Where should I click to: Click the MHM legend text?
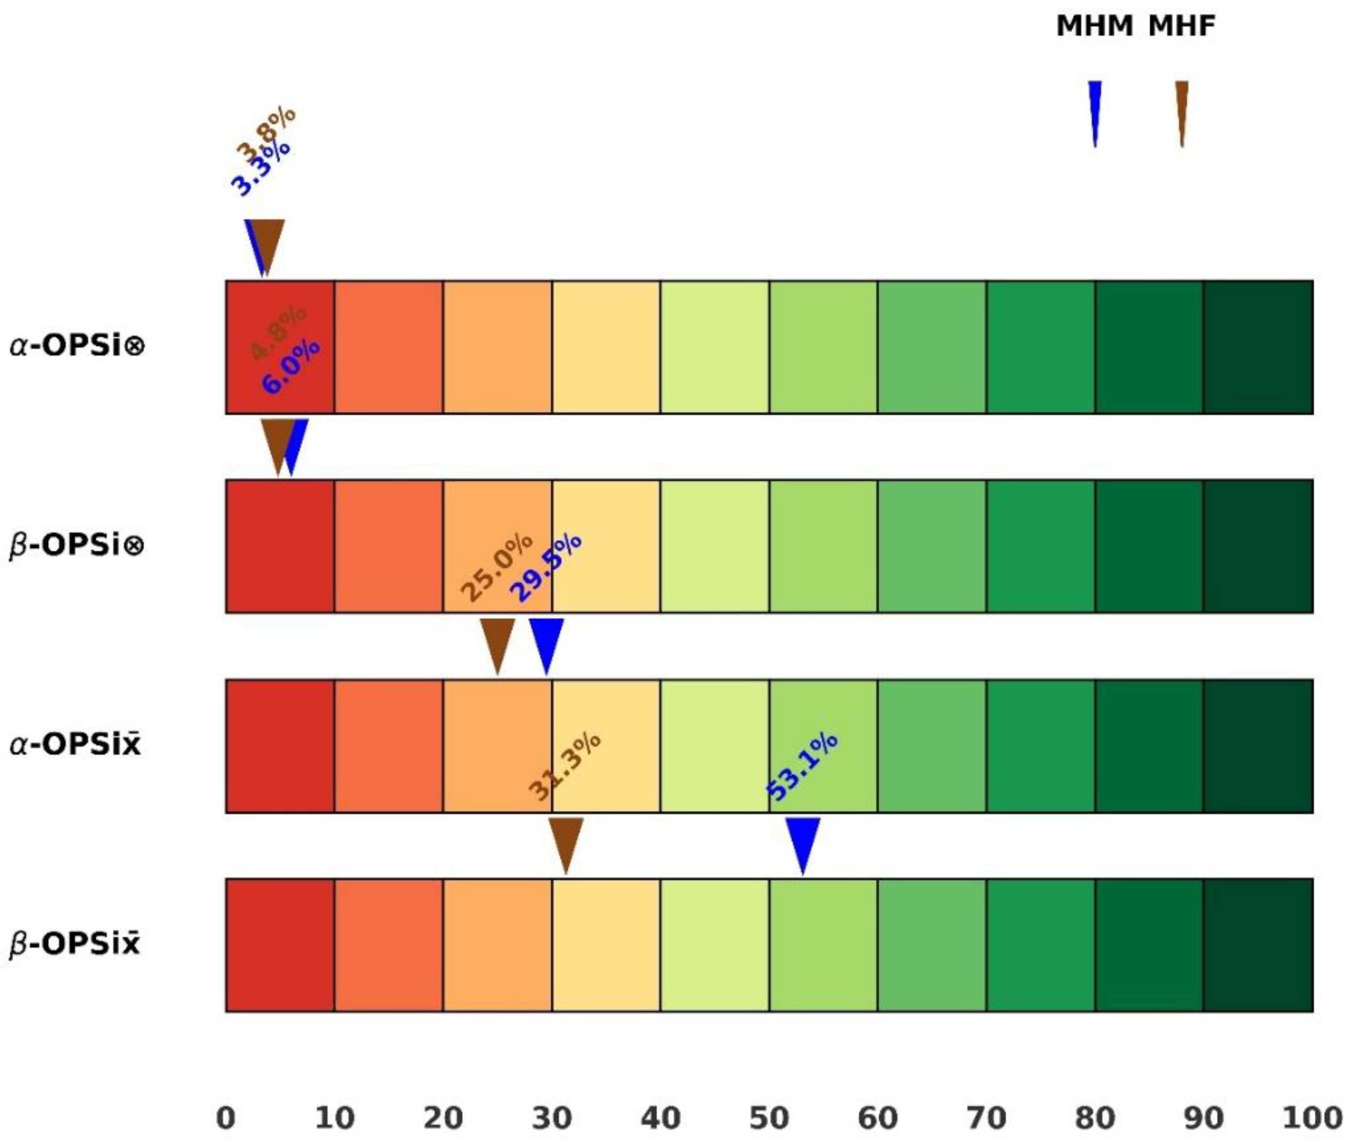pyautogui.click(x=1094, y=27)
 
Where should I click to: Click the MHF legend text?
pyautogui.click(x=1181, y=27)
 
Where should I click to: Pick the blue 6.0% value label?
pyautogui.click(x=290, y=367)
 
